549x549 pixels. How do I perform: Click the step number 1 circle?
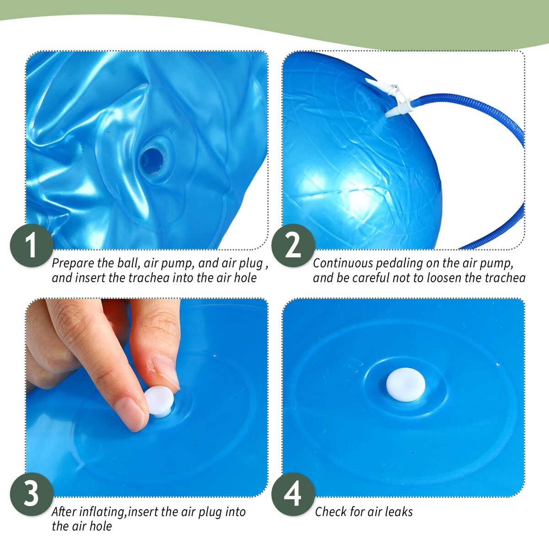pos(32,245)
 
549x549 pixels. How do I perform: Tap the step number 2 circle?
pos(293,245)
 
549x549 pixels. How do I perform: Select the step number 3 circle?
pos(32,494)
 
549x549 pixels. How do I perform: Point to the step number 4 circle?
pos(293,494)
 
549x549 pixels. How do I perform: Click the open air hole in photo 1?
pos(151,161)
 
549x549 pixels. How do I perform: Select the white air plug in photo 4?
pos(406,384)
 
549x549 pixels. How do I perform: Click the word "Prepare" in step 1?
pos(72,264)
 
